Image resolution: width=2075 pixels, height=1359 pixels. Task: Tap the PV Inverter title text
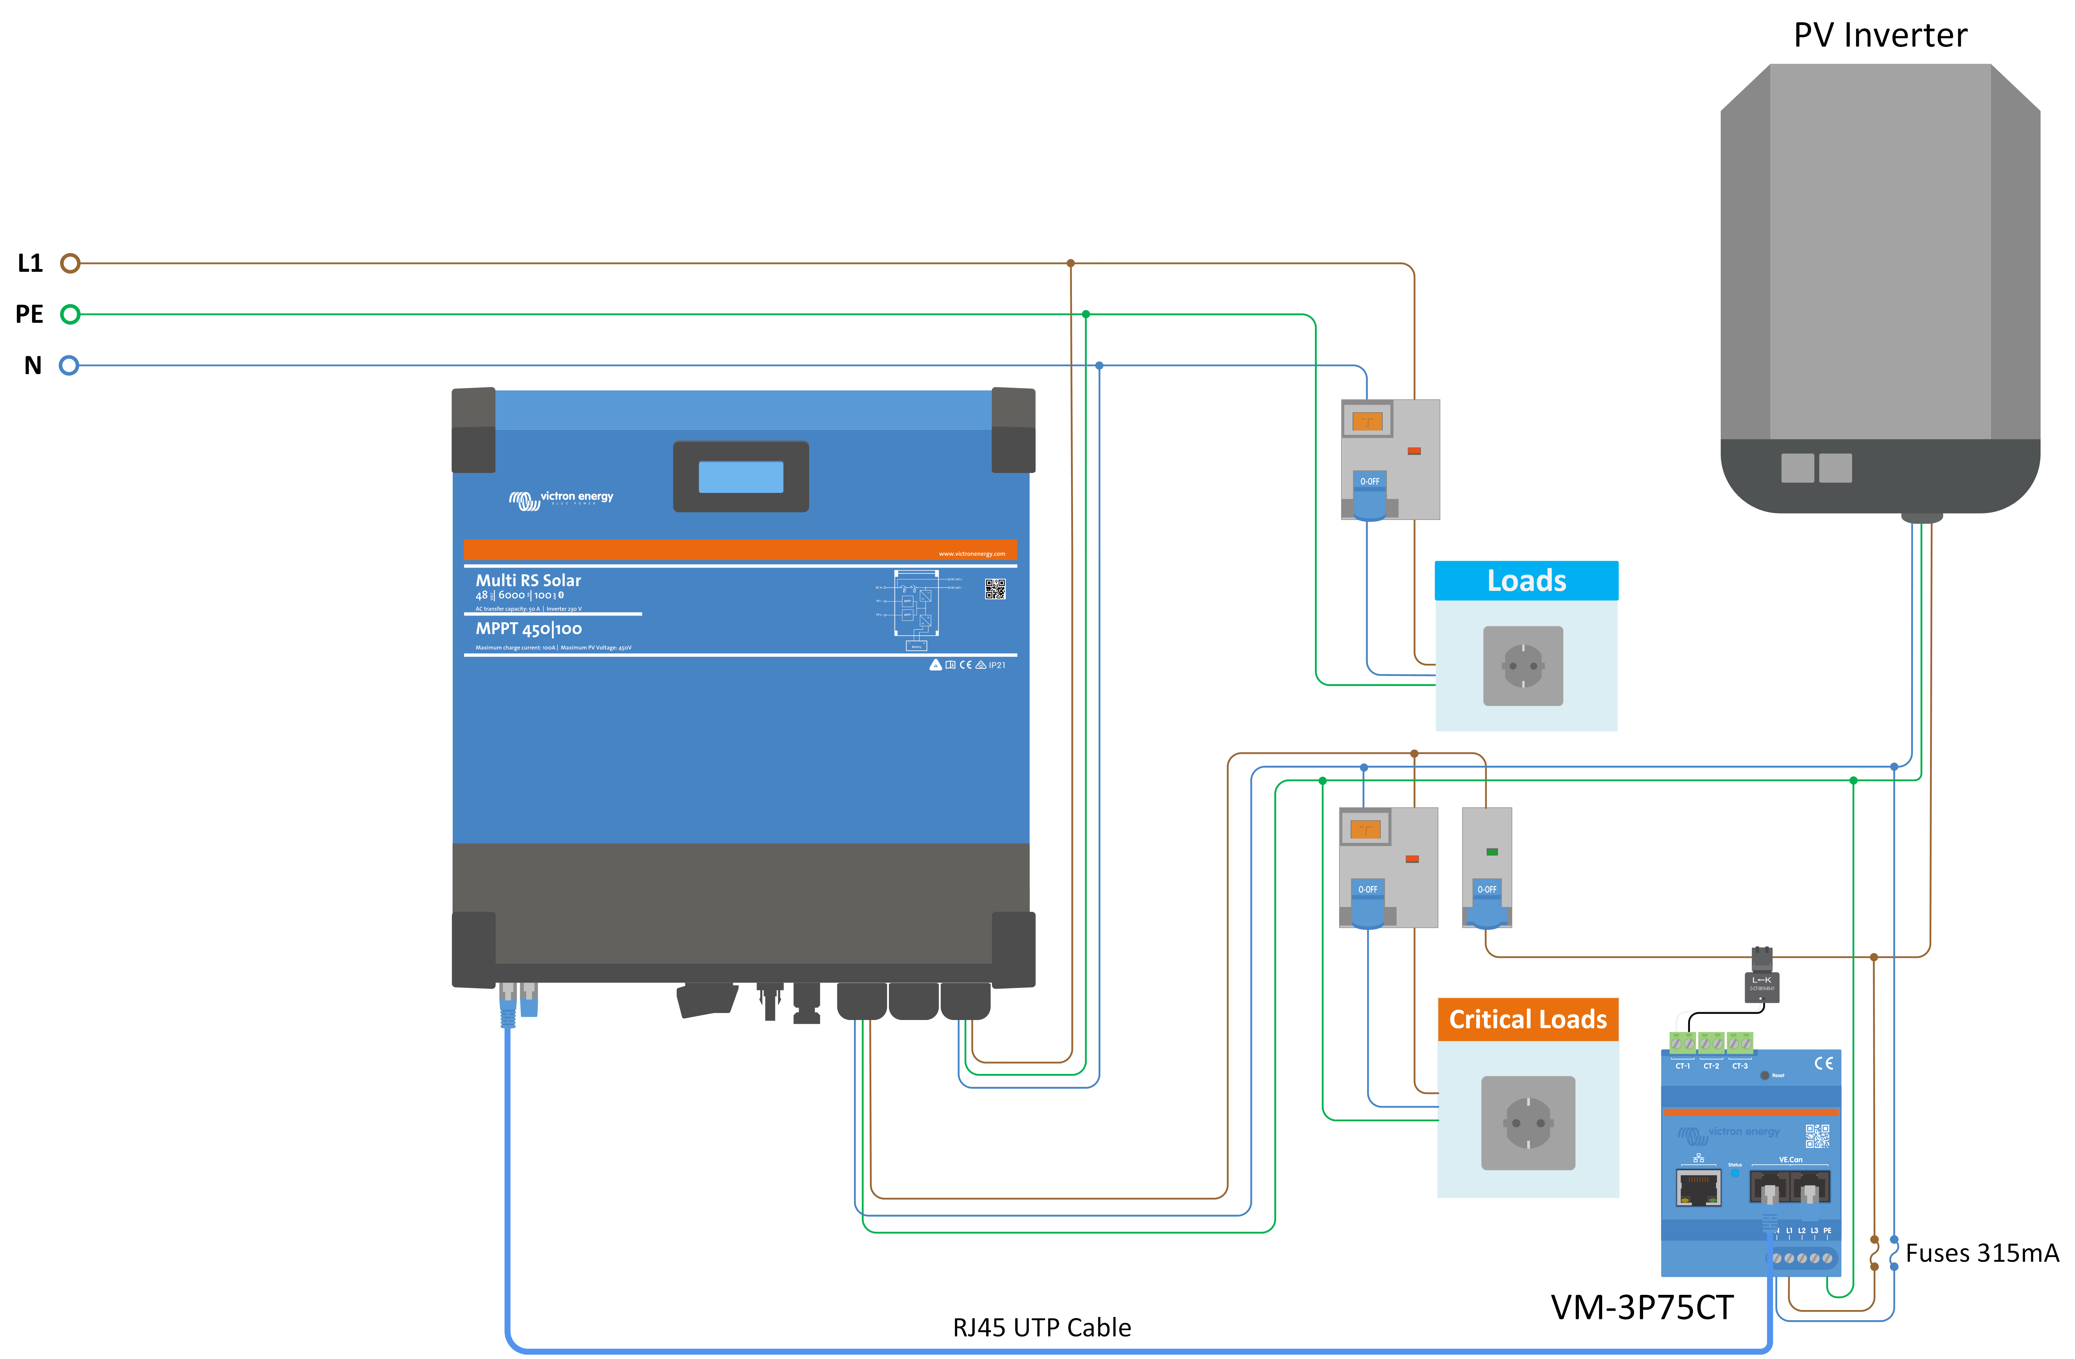pyautogui.click(x=1880, y=36)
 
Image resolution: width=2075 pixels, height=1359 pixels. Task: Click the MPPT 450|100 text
pyautogui.click(x=528, y=628)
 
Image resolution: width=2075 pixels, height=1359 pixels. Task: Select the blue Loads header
pyautogui.click(x=1526, y=580)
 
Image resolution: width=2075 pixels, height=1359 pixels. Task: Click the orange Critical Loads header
pyautogui.click(x=1528, y=1019)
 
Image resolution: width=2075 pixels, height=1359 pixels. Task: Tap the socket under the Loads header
pyautogui.click(x=1523, y=666)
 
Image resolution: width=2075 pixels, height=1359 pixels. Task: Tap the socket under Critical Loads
pyautogui.click(x=1528, y=1123)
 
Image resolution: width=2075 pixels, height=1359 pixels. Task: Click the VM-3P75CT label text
pyautogui.click(x=1642, y=1308)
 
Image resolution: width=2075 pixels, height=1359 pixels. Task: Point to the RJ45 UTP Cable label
pyautogui.click(x=1042, y=1328)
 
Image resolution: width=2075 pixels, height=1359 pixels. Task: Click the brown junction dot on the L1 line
pyautogui.click(x=1071, y=263)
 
